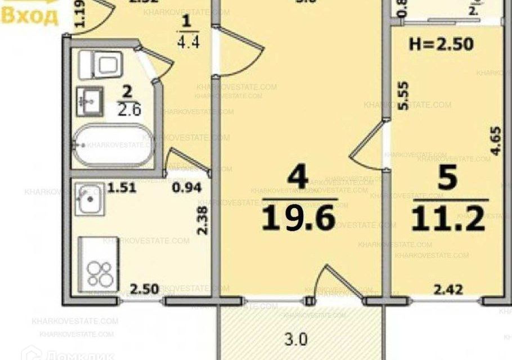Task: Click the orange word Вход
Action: coord(30,16)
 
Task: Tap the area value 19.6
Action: coord(298,218)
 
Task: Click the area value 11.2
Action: coord(448,219)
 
